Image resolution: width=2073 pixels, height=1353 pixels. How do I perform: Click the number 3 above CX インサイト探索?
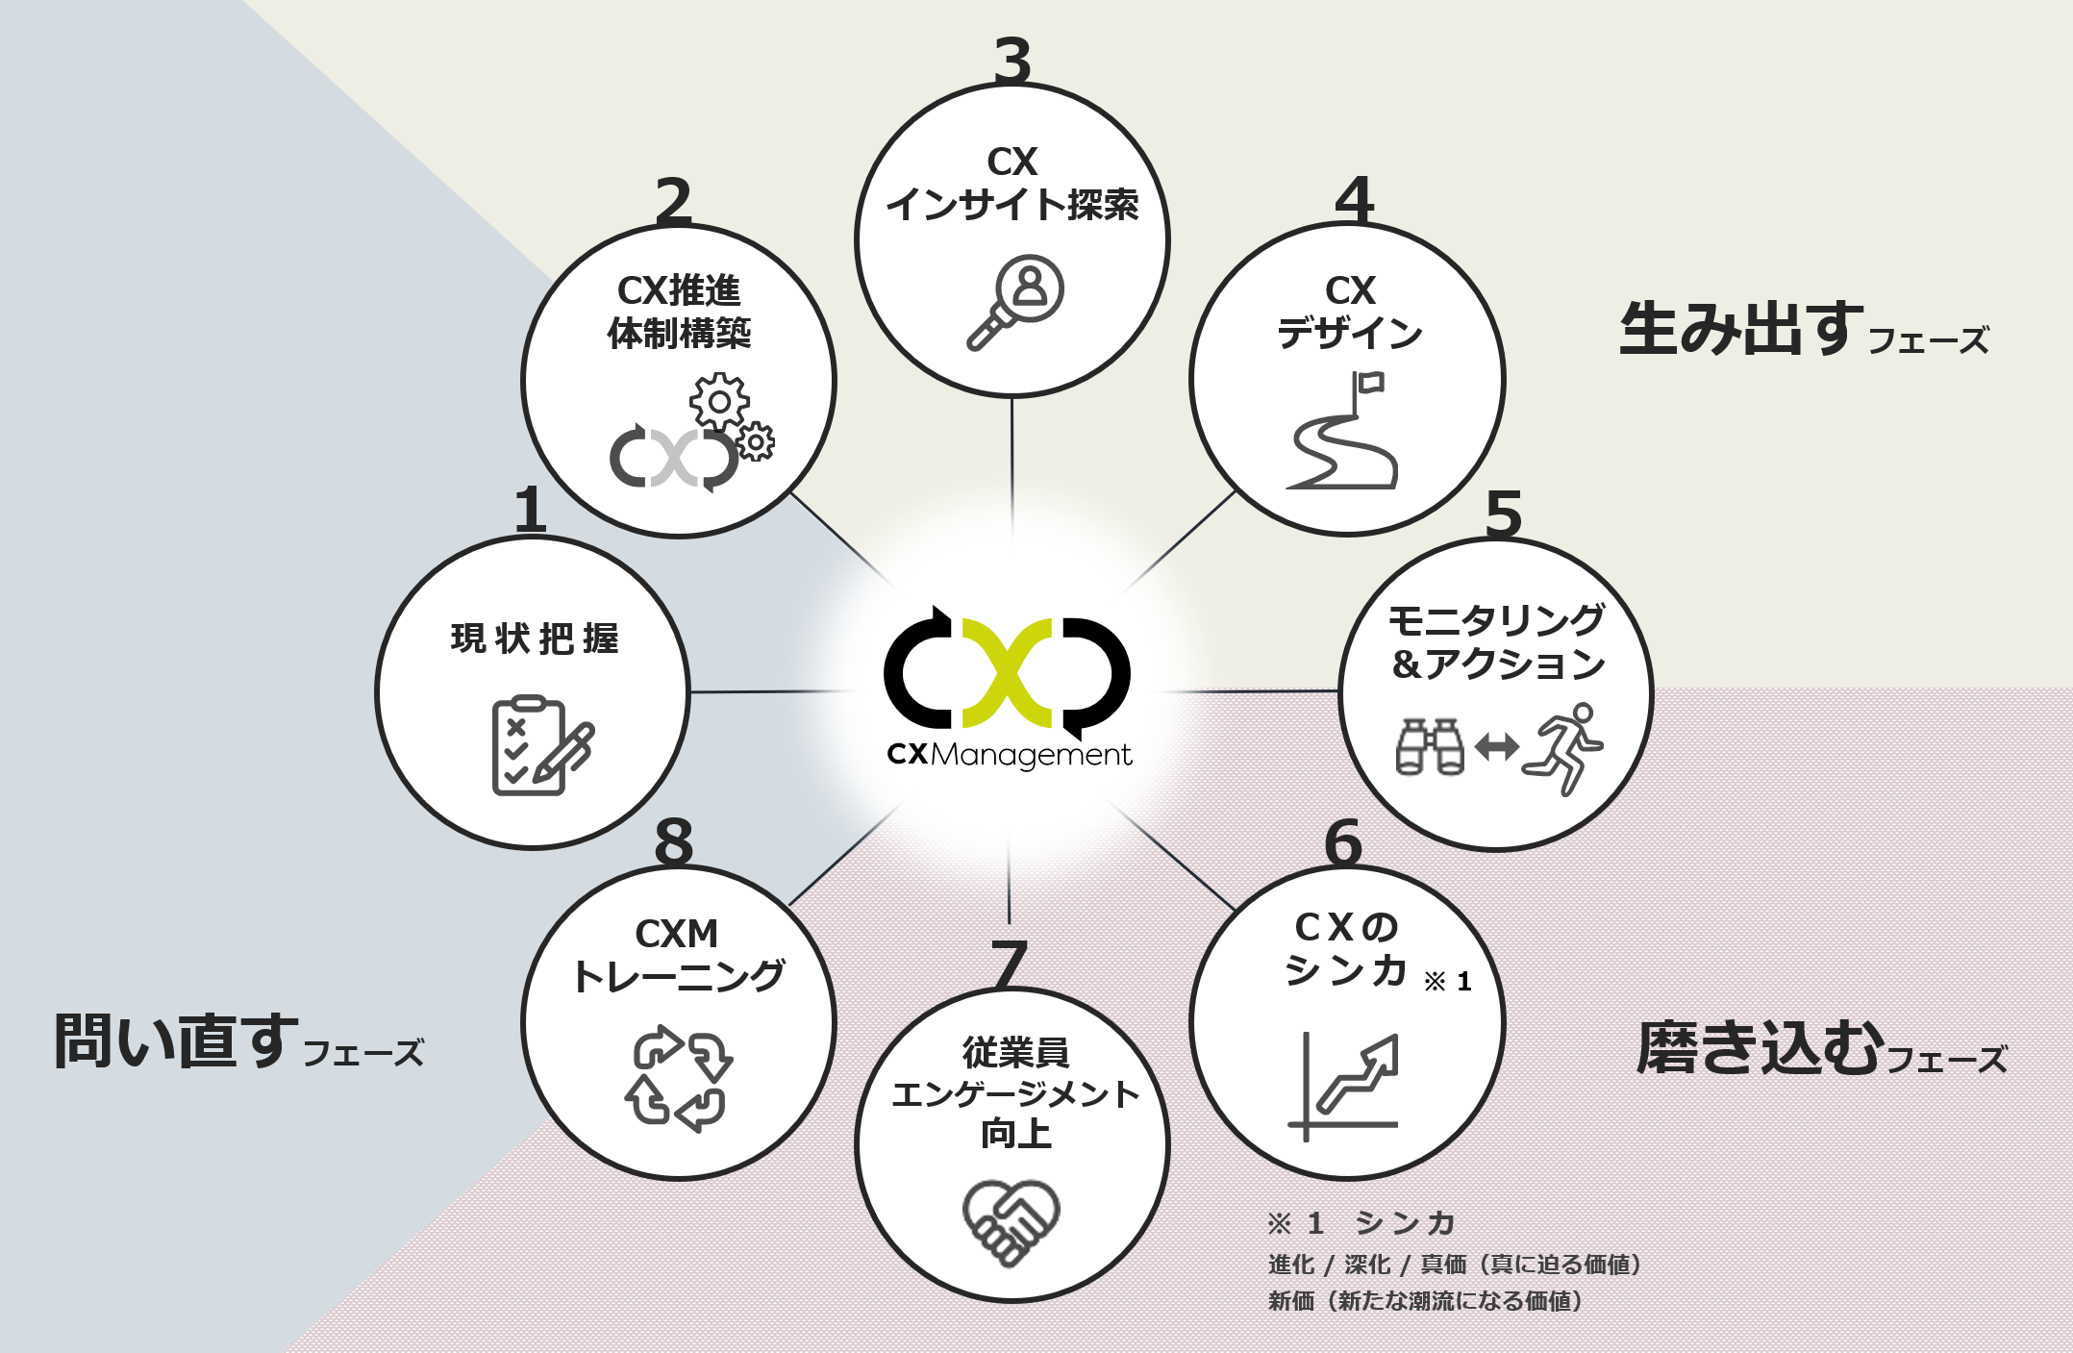(x=1012, y=60)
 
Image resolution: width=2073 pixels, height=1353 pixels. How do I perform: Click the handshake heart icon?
(x=1011, y=1221)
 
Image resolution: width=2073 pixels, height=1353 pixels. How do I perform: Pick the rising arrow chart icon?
(x=1344, y=1086)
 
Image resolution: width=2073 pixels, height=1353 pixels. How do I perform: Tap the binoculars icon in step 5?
(x=1429, y=746)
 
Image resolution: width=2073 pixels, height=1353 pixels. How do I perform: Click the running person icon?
(x=1563, y=747)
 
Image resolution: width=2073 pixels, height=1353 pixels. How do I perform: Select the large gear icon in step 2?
(x=719, y=401)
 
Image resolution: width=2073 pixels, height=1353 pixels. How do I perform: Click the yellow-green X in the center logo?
(x=1007, y=672)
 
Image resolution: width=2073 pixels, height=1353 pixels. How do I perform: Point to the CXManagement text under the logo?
(x=1009, y=755)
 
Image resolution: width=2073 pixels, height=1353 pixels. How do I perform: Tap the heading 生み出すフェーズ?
(x=1803, y=331)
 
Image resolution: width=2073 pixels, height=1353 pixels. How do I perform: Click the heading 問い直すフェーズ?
(x=238, y=1042)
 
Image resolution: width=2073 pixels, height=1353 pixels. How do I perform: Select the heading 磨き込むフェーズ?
(x=1821, y=1048)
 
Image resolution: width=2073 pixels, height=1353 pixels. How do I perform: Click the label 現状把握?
(x=535, y=639)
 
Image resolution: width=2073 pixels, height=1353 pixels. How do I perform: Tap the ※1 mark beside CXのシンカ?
(x=1447, y=981)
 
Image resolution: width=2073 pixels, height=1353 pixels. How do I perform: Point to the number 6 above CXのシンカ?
(x=1343, y=842)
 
